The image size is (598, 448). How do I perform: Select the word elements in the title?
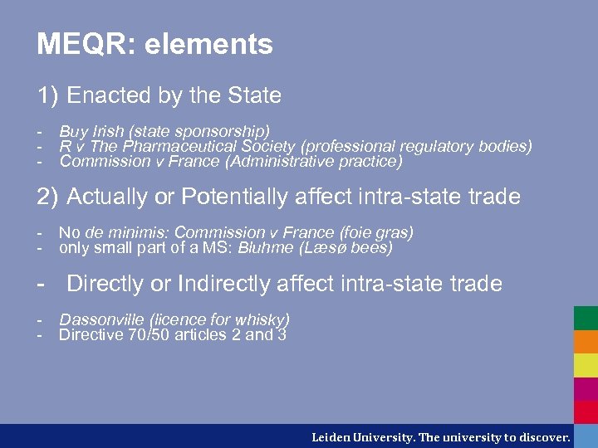[x=208, y=44]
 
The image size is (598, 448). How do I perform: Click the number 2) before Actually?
[x=48, y=197]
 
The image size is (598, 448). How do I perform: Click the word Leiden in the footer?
[x=331, y=436]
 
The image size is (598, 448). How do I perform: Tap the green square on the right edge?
[x=586, y=319]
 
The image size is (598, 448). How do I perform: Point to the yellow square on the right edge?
[x=586, y=365]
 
